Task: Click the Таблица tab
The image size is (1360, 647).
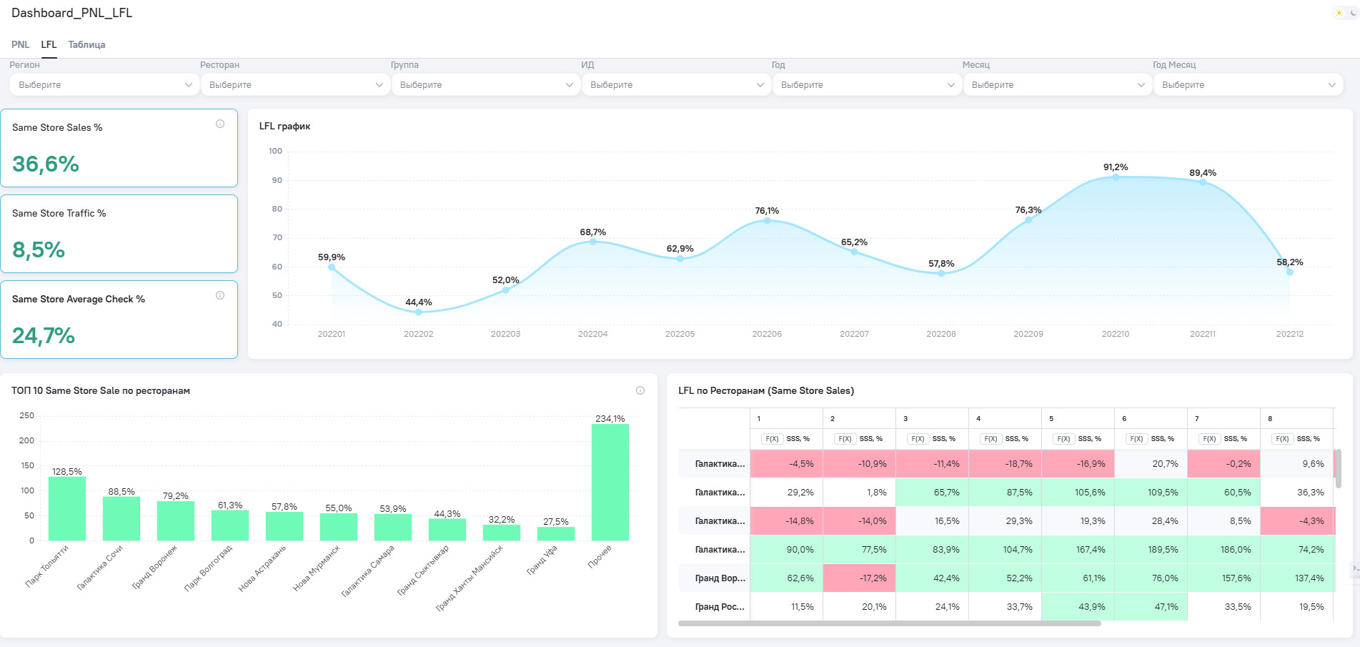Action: pos(86,44)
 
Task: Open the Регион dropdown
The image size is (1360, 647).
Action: pos(104,85)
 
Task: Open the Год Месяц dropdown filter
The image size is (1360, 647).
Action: pos(1247,85)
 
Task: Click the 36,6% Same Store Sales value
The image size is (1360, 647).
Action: pos(46,164)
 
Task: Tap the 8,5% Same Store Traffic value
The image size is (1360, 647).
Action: pos(39,250)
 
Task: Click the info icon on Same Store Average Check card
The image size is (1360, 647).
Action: pos(220,295)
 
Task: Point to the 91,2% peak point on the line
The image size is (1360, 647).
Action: pos(1116,177)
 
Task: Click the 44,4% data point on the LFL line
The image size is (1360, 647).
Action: pos(419,312)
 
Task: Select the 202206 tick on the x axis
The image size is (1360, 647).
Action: pos(767,334)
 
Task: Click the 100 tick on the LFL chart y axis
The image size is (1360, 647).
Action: pos(275,151)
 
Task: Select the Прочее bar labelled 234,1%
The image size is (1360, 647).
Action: pos(610,482)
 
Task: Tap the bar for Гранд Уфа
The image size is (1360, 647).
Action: pos(556,533)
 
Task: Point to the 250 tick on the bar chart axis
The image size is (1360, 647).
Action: pos(27,415)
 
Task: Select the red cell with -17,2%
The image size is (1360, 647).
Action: pos(859,578)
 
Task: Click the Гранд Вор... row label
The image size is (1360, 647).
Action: pos(720,578)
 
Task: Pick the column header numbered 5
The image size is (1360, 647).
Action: pos(1051,418)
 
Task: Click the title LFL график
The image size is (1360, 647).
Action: pos(284,127)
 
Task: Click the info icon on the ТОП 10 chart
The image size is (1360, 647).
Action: pos(640,390)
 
